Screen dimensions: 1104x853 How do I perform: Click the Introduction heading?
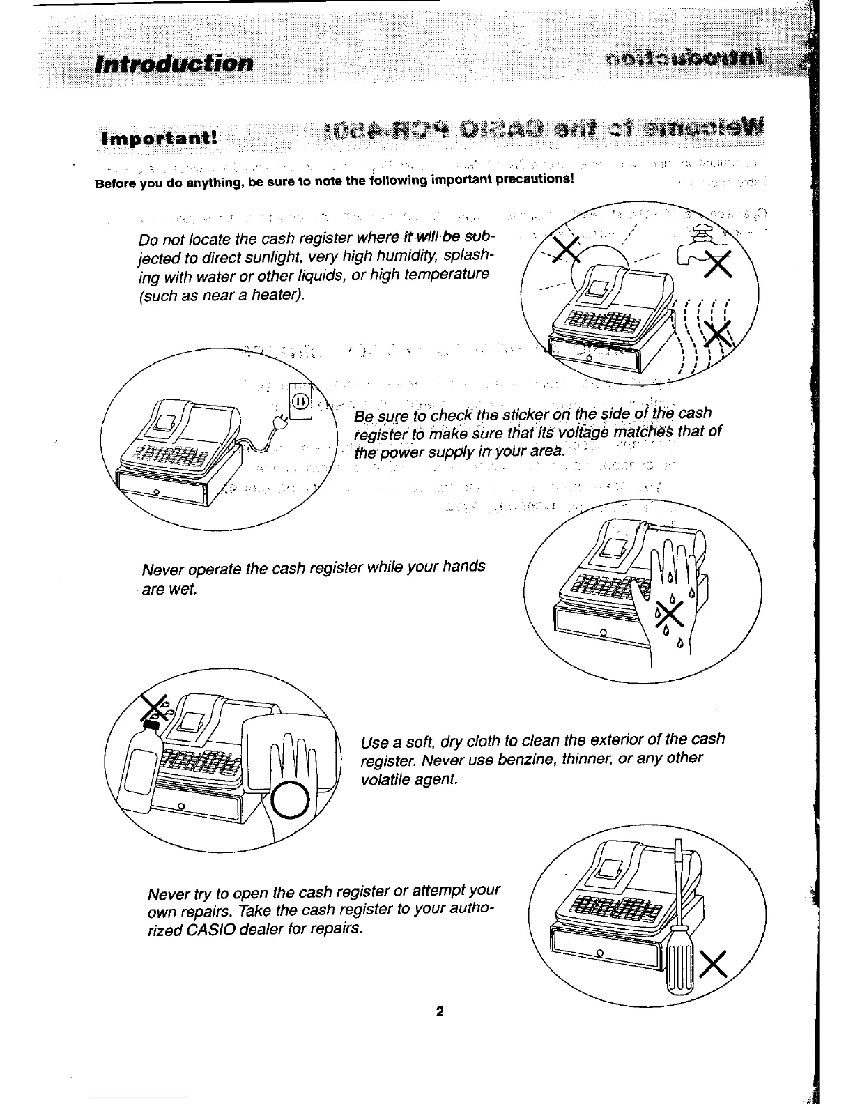point(174,63)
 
